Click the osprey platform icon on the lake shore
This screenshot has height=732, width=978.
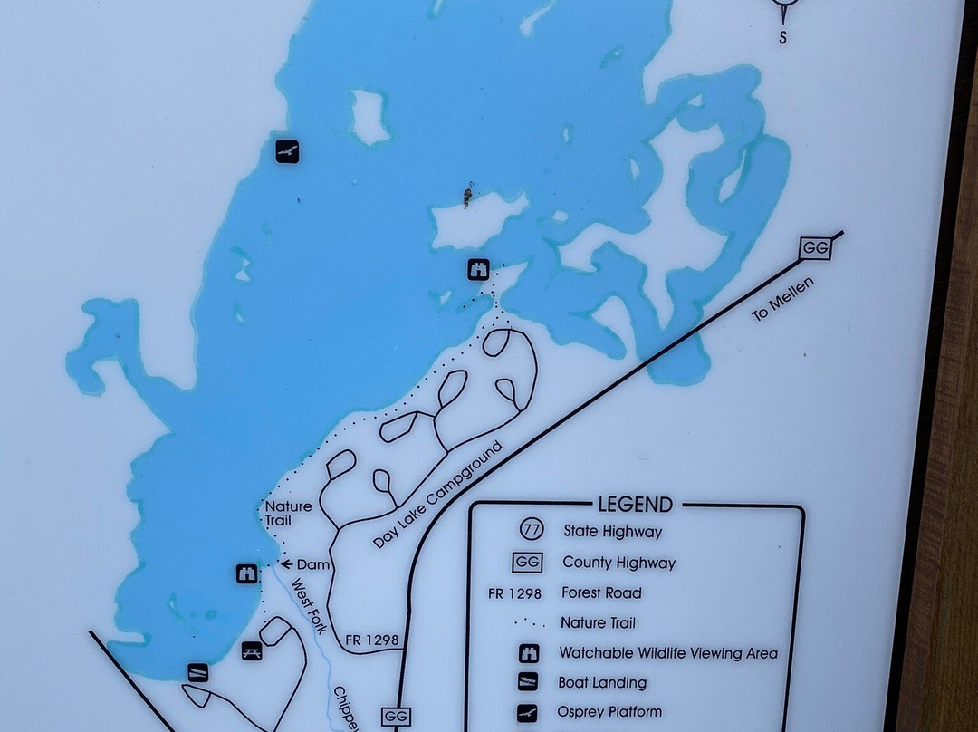[287, 151]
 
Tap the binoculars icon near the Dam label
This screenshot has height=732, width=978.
[246, 573]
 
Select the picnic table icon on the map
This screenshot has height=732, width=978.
[252, 650]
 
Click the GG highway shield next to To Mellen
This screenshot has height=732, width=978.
[815, 248]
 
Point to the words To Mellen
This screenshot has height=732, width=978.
[783, 300]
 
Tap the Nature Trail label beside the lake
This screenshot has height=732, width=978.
[288, 514]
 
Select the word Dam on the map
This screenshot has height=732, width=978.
[312, 564]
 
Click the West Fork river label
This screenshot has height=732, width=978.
[308, 606]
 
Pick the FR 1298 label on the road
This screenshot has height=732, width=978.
[372, 640]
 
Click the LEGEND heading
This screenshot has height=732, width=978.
[635, 506]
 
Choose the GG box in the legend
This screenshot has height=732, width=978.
[527, 563]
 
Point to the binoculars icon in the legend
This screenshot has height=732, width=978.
[528, 653]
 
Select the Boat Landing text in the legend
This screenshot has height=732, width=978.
[603, 683]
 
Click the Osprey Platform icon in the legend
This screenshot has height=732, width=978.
[527, 713]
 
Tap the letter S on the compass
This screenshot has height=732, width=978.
[783, 38]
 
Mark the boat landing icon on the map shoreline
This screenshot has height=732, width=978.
[197, 672]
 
